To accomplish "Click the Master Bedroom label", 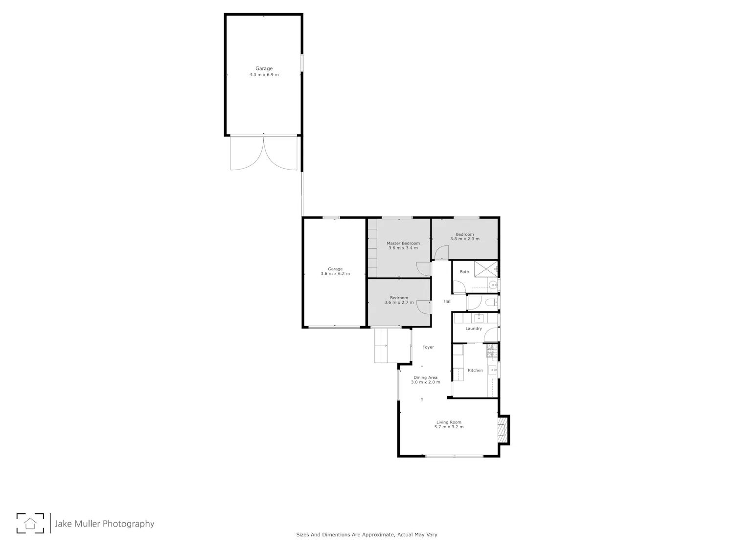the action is (403, 243).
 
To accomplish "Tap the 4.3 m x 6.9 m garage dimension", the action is (264, 74).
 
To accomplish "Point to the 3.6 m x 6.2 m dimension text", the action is (335, 273).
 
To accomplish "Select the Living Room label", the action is (449, 422).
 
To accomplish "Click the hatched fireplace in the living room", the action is (502, 430).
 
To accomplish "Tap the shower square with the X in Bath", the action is (486, 269).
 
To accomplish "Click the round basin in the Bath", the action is (493, 285).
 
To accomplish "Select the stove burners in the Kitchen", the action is (492, 351).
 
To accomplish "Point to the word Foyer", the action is (428, 347).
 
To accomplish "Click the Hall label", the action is (447, 301).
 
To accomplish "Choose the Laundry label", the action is (474, 328).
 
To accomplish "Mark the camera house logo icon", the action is (30, 523).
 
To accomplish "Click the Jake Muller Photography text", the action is (104, 524).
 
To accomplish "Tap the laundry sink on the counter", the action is (479, 317).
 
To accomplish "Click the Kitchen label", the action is (475, 370).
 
